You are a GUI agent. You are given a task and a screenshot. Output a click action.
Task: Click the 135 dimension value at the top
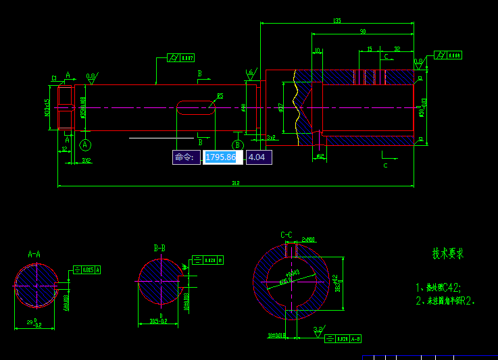click(337, 21)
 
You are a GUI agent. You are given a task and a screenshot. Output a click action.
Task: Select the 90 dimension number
click(363, 32)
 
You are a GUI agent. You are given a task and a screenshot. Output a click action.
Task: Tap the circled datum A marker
click(85, 145)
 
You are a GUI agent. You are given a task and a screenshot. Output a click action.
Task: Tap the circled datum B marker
click(237, 145)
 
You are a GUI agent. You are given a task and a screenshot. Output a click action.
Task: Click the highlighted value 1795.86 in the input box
click(221, 157)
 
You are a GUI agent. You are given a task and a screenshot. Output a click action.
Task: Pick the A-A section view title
click(34, 255)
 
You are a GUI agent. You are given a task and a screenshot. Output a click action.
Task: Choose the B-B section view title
click(159, 249)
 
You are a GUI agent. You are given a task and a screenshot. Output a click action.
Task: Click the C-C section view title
click(287, 235)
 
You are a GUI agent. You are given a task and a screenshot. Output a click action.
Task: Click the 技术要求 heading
click(448, 254)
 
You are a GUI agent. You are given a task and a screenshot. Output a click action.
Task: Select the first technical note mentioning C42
click(447, 287)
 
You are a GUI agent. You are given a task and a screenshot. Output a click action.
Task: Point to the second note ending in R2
click(446, 301)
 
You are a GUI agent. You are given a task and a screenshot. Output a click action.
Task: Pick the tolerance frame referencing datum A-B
click(343, 338)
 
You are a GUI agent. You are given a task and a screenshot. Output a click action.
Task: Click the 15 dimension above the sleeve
click(369, 49)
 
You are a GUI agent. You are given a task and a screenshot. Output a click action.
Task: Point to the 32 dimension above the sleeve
click(397, 49)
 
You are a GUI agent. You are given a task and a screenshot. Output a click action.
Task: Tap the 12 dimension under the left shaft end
click(65, 149)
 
